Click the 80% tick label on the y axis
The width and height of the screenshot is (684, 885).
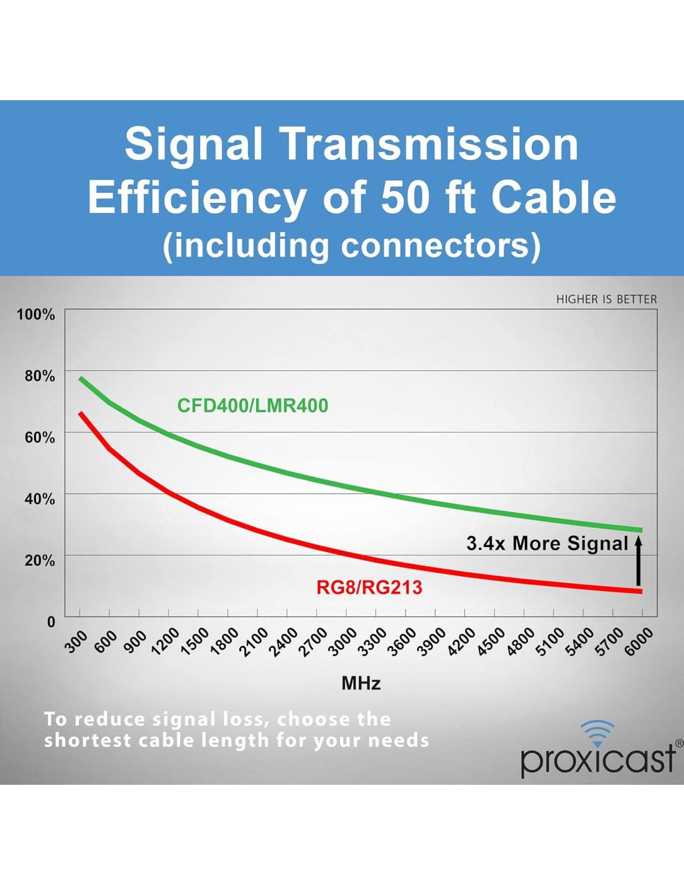pos(40,376)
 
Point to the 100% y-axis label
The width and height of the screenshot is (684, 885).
pos(36,314)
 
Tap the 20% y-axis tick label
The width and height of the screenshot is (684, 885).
pos(40,560)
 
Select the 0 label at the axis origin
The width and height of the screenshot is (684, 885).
pos(51,622)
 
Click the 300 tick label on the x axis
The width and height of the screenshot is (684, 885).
pos(76,642)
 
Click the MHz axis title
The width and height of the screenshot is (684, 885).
pos(361,683)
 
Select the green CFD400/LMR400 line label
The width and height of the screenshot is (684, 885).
pos(252,406)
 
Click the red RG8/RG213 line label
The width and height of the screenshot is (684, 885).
pos(369,588)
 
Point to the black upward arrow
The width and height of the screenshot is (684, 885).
pos(638,561)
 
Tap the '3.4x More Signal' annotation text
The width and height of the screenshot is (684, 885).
pos(547,543)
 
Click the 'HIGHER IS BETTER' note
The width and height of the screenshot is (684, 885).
pos(606,299)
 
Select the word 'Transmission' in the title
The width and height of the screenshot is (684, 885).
pos(430,144)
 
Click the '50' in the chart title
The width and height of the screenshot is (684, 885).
pos(405,198)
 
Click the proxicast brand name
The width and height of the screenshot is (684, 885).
pos(598,759)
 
